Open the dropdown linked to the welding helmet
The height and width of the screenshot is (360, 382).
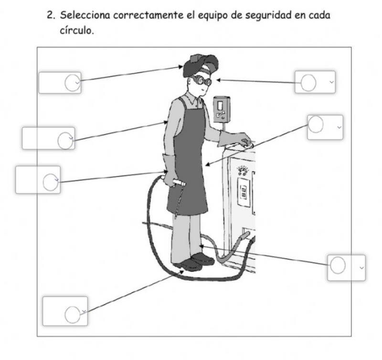[60, 83]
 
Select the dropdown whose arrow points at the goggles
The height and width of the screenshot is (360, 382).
[315, 82]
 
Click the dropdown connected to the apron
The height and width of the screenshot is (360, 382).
[325, 127]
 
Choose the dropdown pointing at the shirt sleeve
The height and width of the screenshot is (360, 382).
[48, 138]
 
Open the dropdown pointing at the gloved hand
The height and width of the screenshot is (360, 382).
[38, 180]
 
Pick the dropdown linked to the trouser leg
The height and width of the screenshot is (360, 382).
[346, 267]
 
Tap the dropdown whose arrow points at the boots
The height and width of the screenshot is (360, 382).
[65, 311]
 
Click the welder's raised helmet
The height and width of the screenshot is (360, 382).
[201, 65]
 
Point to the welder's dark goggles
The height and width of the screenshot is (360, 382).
[202, 81]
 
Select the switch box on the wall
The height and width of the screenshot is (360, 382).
[221, 109]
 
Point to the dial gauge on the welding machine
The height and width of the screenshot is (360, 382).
[243, 170]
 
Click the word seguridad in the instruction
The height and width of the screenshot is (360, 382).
[269, 15]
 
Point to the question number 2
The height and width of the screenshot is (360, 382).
[51, 15]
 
